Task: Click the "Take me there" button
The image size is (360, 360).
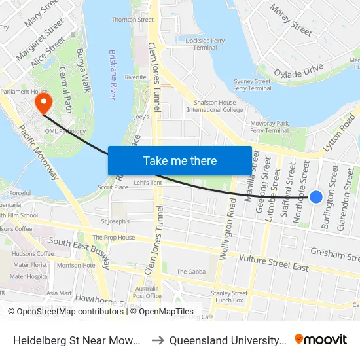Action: pos(180,160)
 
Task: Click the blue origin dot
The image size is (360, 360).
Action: pos(316,196)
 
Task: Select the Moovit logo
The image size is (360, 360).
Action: pos(321,339)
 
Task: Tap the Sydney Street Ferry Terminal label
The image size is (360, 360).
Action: pos(252,85)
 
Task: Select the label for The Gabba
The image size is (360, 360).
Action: pos(191,272)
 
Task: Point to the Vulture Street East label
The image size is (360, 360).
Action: pos(274,262)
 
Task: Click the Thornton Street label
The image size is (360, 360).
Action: pos(132,20)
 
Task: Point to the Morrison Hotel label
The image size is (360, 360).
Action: pos(77,265)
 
